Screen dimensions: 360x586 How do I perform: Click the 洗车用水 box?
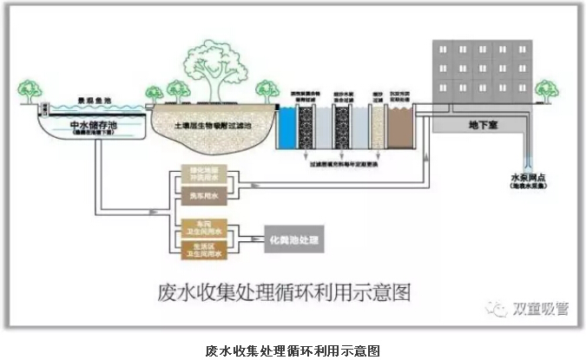click(201, 195)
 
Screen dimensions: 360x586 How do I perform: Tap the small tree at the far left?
click(29, 89)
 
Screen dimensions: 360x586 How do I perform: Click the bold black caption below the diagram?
click(293, 350)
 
